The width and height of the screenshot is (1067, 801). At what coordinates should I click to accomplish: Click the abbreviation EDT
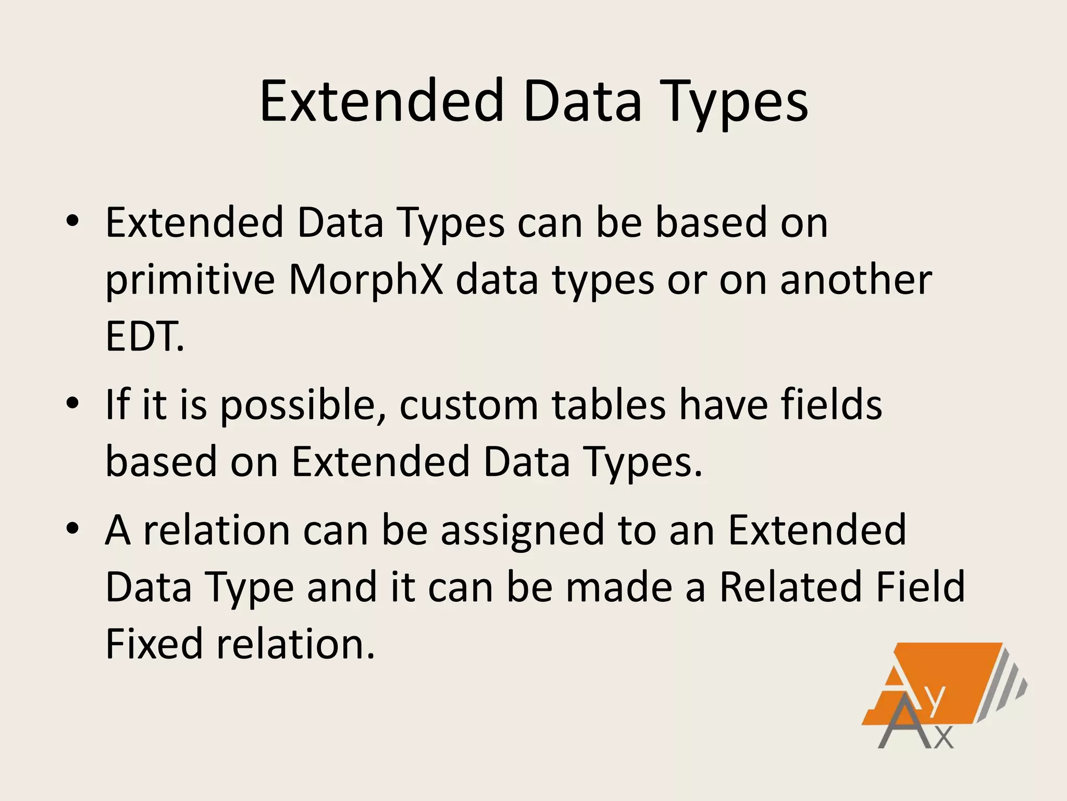[144, 336]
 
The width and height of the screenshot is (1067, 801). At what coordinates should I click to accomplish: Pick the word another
[856, 280]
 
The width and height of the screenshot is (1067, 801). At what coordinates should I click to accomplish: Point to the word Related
[791, 587]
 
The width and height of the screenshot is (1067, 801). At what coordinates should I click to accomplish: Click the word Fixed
[154, 644]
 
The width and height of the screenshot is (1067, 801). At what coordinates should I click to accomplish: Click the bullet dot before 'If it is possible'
[72, 403]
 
